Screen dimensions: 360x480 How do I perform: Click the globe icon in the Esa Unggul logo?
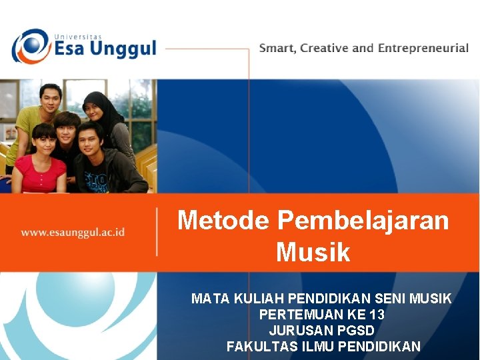[x=31, y=47]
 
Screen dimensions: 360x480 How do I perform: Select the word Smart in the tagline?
[x=277, y=48]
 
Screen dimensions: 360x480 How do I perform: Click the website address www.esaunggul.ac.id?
[x=73, y=233]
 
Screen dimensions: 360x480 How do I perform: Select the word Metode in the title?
[x=224, y=220]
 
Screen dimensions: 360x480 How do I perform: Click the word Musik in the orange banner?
[x=313, y=253]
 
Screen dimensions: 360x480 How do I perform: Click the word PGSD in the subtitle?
[x=355, y=330]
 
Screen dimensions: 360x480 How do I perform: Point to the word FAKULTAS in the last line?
[x=255, y=346]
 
